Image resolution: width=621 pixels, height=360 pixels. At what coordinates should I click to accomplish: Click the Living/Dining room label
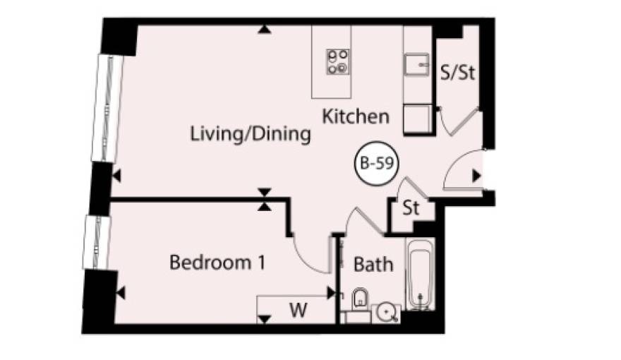[251, 134]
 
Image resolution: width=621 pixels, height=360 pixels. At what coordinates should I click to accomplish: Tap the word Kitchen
[356, 116]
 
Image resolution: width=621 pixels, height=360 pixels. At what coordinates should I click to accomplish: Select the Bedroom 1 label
[217, 262]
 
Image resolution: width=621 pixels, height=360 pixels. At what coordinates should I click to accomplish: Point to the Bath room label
[373, 265]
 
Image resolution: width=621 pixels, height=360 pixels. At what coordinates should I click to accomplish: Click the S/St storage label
[457, 73]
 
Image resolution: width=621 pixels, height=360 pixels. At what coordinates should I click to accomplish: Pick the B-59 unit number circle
[376, 163]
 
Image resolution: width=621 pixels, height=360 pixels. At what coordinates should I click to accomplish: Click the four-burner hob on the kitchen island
[338, 62]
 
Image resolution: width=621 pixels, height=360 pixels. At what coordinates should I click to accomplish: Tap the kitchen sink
[416, 64]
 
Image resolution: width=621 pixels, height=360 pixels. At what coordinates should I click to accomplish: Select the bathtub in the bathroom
[421, 274]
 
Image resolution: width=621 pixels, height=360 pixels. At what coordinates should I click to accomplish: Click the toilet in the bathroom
[360, 298]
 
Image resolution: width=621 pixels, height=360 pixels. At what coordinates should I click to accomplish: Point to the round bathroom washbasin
[385, 313]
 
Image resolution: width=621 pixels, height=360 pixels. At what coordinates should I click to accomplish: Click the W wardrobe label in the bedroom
[298, 310]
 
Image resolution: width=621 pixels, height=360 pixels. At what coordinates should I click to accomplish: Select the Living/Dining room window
[107, 109]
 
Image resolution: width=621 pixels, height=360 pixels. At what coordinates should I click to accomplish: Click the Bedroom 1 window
[96, 242]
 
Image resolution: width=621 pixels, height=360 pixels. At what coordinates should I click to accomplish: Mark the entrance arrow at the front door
[476, 176]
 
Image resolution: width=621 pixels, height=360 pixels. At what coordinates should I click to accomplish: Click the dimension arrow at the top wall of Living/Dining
[264, 30]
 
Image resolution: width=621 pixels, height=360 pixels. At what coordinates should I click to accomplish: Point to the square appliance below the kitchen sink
[418, 119]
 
